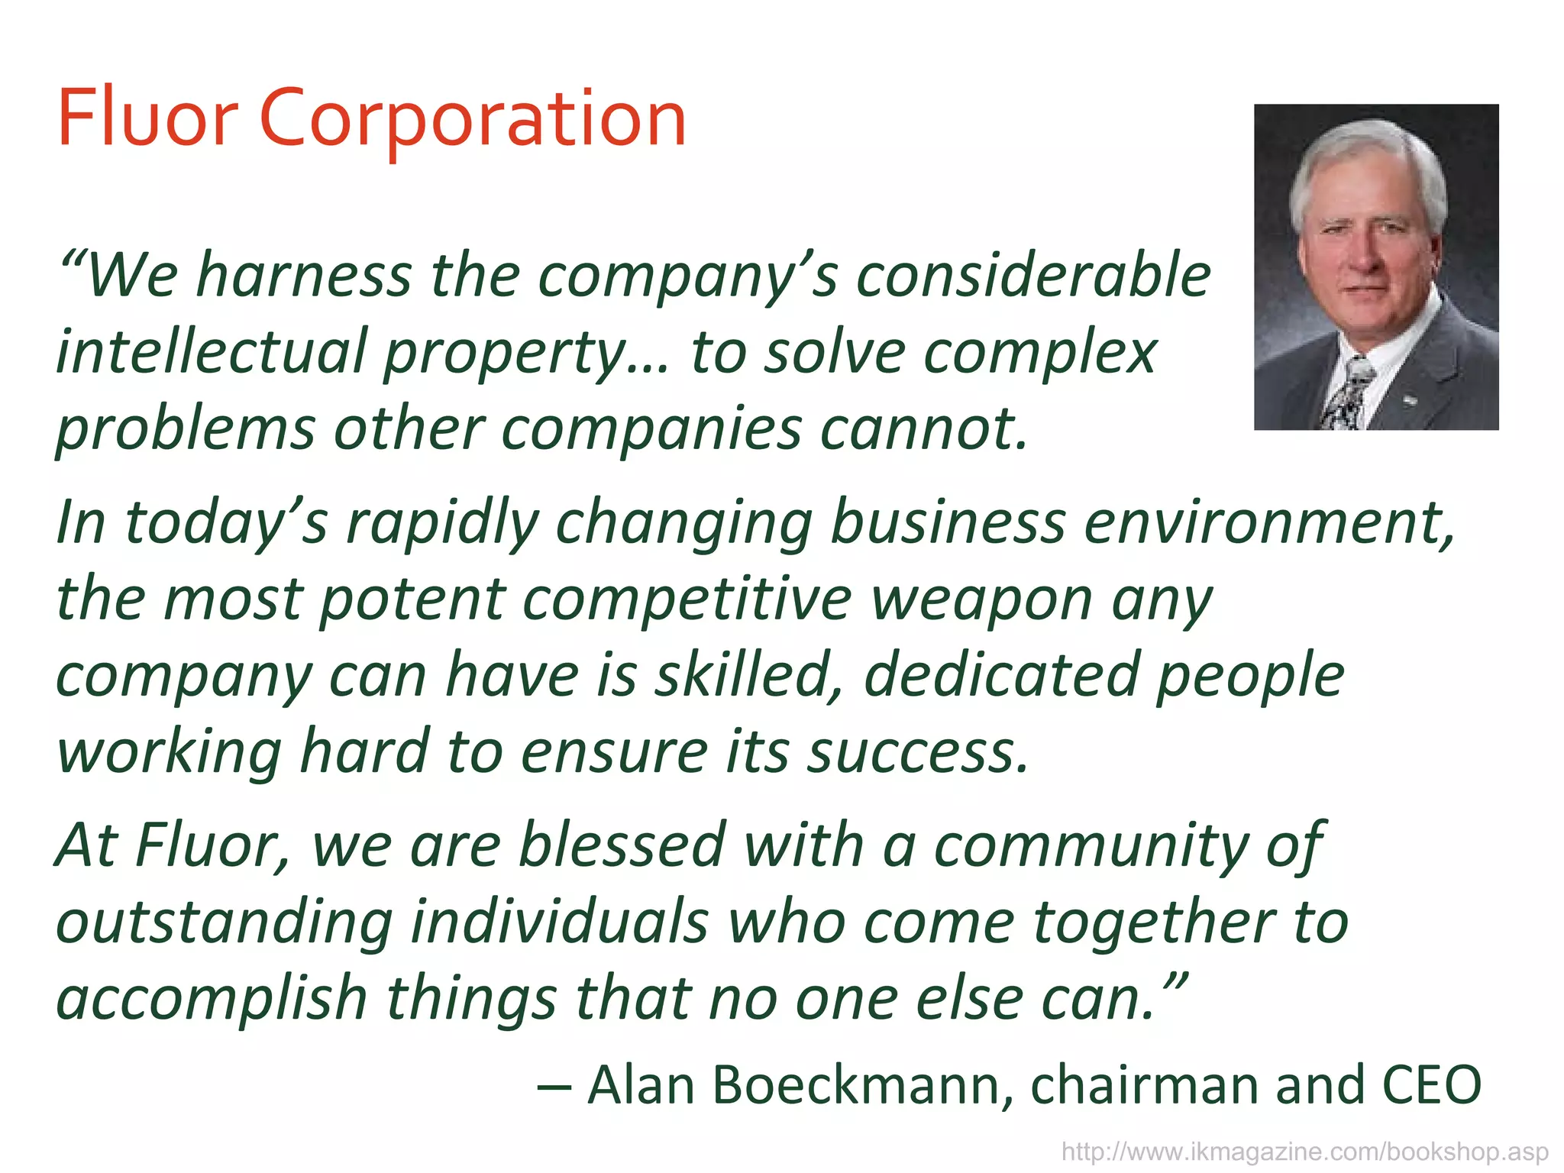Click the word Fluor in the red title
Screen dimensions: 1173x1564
pos(147,119)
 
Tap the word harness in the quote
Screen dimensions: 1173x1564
pos(304,275)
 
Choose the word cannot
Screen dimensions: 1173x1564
pos(924,428)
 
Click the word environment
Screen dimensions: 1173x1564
pos(1268,523)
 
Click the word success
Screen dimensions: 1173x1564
pos(918,753)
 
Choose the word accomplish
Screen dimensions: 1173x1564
pos(212,1000)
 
